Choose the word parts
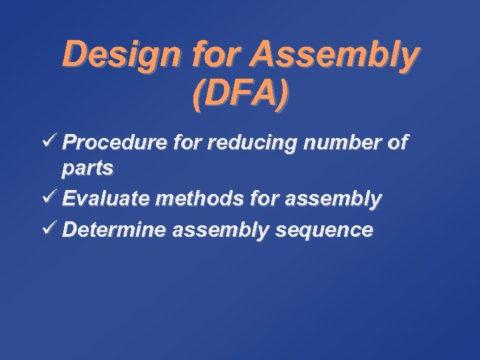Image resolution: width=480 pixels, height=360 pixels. click(x=87, y=169)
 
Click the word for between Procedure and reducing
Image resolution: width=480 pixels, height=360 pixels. click(x=185, y=143)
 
